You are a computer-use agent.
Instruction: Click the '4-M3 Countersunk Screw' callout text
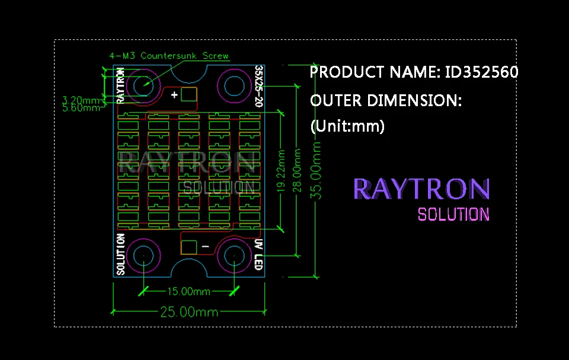click(x=169, y=56)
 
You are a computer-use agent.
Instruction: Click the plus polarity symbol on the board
click(x=174, y=95)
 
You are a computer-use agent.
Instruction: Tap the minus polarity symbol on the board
click(x=205, y=246)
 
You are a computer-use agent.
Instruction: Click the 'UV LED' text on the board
click(x=258, y=254)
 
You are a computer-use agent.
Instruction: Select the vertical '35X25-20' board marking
click(x=258, y=86)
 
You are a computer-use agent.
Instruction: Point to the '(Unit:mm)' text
click(x=347, y=126)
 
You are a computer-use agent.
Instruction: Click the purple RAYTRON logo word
click(x=421, y=189)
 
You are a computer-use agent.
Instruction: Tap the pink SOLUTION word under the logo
click(x=453, y=214)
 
